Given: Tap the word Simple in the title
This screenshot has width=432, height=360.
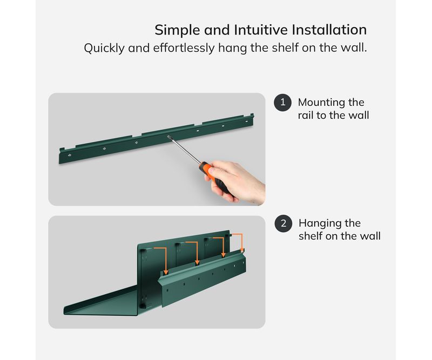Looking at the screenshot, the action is tap(177, 30).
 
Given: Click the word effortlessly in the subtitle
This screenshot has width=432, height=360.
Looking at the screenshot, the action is tap(184, 48).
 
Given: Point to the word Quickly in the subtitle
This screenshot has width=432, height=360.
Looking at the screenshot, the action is tap(104, 48).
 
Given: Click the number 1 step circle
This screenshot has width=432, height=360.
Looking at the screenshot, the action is tap(282, 103).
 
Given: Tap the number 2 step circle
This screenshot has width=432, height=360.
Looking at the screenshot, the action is tap(283, 223).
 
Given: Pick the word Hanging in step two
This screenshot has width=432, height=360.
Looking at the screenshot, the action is tap(320, 223).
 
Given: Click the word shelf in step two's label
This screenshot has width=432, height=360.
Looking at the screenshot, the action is tap(310, 236).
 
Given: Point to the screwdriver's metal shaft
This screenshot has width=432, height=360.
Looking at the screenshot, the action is tap(184, 149).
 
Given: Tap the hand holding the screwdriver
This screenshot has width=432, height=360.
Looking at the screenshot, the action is tap(237, 182).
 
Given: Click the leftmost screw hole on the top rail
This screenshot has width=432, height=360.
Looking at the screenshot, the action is tap(70, 155).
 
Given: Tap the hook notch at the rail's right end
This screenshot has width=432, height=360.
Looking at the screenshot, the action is tap(252, 115).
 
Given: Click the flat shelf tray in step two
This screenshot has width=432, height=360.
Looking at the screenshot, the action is tap(102, 302).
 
